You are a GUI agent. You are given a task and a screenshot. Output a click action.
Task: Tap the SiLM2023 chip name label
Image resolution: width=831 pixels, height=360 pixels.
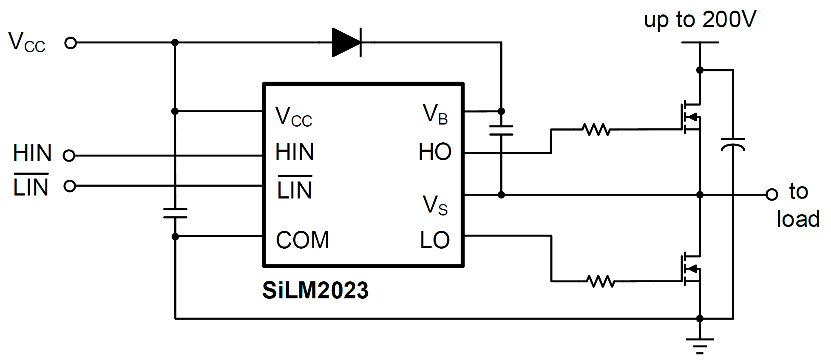pyautogui.click(x=315, y=291)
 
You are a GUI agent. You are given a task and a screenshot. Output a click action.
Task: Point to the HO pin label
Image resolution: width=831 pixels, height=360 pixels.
pyautogui.click(x=434, y=152)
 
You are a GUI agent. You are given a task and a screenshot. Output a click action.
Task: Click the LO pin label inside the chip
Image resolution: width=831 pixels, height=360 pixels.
pyautogui.click(x=434, y=240)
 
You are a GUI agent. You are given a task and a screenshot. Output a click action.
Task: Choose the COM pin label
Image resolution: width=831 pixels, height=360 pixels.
pyautogui.click(x=302, y=240)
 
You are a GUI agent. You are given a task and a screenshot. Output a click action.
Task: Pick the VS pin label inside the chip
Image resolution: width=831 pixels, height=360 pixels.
pyautogui.click(x=435, y=205)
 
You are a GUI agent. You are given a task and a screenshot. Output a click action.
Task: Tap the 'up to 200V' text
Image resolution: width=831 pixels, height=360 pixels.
pyautogui.click(x=700, y=20)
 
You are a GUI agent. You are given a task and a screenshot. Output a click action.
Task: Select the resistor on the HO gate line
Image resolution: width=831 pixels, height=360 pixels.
pyautogui.click(x=596, y=129)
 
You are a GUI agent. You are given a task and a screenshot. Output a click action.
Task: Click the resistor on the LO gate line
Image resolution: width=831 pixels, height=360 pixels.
pyautogui.click(x=601, y=281)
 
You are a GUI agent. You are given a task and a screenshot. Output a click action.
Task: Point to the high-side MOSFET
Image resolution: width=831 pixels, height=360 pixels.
pyautogui.click(x=691, y=117)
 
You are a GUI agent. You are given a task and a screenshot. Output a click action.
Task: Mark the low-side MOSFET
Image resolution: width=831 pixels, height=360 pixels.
pyautogui.click(x=691, y=269)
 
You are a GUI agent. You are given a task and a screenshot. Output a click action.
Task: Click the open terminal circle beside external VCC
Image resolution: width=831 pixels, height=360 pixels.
pyautogui.click(x=71, y=43)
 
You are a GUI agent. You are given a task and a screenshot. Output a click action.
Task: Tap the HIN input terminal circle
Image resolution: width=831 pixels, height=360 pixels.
pyautogui.click(x=69, y=156)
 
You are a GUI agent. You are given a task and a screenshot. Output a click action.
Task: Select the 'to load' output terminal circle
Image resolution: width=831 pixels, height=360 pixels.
pyautogui.click(x=771, y=195)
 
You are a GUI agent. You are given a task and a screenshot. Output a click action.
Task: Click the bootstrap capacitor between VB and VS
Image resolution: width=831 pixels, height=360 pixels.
pyautogui.click(x=501, y=130)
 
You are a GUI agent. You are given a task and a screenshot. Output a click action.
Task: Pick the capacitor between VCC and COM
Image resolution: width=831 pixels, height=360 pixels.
pyautogui.click(x=175, y=213)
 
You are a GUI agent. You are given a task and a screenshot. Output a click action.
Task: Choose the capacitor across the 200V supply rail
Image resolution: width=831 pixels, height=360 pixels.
pyautogui.click(x=733, y=144)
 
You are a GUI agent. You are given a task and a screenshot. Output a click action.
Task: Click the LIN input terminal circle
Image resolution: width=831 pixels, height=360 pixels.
pyautogui.click(x=69, y=186)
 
